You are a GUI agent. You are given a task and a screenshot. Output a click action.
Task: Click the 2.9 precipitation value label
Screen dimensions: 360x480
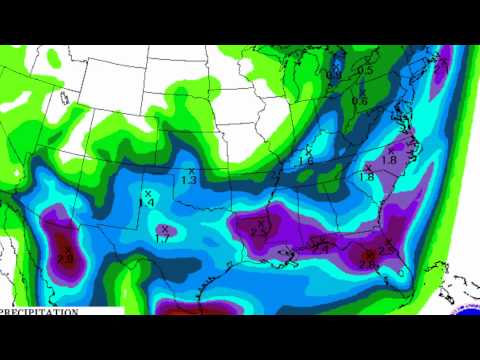pyautogui.click(x=66, y=258)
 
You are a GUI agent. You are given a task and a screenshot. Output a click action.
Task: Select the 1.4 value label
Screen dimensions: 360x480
pyautogui.click(x=146, y=203)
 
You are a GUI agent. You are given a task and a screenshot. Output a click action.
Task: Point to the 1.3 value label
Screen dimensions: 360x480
pyautogui.click(x=188, y=180)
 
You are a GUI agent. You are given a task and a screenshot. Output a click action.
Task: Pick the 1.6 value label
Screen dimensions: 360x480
pyautogui.click(x=307, y=161)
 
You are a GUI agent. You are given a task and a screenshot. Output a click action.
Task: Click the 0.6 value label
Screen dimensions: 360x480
pyautogui.click(x=360, y=100)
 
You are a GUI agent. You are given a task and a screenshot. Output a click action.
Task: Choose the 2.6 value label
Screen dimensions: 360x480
pyautogui.click(x=369, y=264)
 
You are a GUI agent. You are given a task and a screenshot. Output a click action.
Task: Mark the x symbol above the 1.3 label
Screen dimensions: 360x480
pyautogui.click(x=190, y=171)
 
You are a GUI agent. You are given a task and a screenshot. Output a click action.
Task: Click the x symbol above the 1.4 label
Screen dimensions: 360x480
pyautogui.click(x=148, y=193)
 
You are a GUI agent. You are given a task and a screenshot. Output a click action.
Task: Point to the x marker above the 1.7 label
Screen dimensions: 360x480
pyautogui.click(x=164, y=229)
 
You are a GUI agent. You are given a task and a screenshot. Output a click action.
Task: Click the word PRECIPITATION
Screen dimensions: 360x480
pyautogui.click(x=40, y=312)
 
